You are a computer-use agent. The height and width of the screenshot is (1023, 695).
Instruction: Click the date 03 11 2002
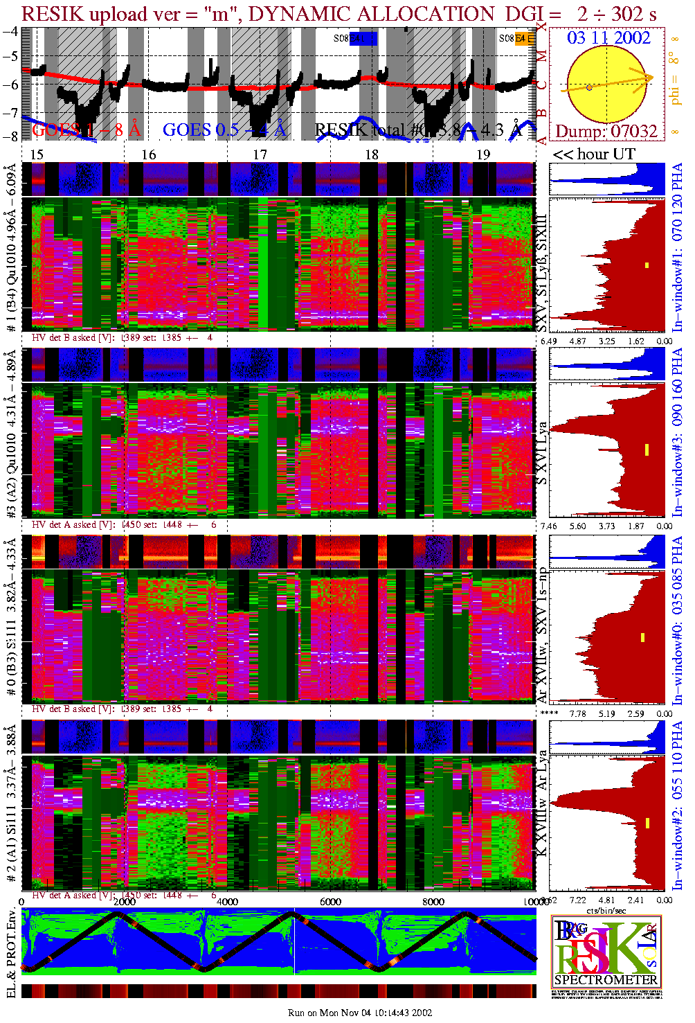[608, 37]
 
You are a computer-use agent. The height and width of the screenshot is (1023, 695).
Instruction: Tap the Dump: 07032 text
[606, 131]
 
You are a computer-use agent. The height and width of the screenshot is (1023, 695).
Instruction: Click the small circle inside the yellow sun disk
[589, 87]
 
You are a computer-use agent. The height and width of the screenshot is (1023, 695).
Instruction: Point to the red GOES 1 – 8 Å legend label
[86, 130]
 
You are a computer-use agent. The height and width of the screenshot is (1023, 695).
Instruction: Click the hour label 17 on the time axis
[260, 154]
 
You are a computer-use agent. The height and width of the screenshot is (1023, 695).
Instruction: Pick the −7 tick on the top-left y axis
[10, 112]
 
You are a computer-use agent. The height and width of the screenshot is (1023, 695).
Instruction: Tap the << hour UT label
[593, 154]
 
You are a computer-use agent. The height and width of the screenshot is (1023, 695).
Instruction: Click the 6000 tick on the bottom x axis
[330, 902]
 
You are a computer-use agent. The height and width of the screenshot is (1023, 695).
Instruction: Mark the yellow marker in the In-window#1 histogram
[647, 265]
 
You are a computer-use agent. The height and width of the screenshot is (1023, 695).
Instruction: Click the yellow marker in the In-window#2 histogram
[647, 823]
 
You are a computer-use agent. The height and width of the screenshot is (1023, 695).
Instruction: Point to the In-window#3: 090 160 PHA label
[677, 433]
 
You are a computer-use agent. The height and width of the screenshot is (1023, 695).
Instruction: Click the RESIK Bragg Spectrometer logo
[606, 950]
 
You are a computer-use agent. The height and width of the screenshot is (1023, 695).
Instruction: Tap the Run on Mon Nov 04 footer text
[360, 1013]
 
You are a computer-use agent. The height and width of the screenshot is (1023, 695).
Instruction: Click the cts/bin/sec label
[606, 910]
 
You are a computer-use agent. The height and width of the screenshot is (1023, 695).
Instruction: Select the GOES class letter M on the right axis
[542, 56]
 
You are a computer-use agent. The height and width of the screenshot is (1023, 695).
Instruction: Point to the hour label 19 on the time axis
[483, 154]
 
